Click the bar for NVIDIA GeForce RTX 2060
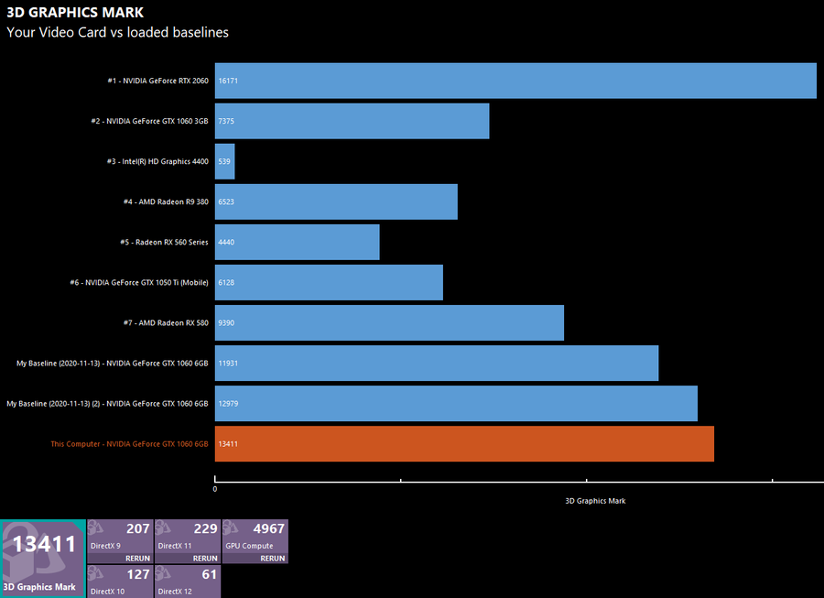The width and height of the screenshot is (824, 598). (x=515, y=81)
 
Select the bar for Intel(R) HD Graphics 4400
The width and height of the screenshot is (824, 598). (x=225, y=161)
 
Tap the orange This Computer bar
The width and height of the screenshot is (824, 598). (x=464, y=443)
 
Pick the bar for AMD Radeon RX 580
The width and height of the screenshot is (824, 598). (x=389, y=322)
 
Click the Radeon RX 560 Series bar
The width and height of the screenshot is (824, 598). (x=298, y=242)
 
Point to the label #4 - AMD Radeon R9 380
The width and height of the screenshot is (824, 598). (x=166, y=201)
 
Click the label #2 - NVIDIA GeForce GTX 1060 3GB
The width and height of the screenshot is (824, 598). (x=149, y=121)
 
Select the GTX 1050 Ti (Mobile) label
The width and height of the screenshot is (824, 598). (x=139, y=282)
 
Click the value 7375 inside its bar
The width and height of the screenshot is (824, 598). (x=227, y=122)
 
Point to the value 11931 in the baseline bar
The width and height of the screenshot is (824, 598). (x=229, y=364)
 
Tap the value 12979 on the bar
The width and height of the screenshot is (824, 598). (x=229, y=404)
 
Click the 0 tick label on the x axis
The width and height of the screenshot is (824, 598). (x=215, y=489)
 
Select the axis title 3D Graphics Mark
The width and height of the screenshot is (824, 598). (x=595, y=501)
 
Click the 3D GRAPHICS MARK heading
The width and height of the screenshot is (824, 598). (x=75, y=13)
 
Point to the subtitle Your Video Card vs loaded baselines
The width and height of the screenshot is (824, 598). (x=117, y=32)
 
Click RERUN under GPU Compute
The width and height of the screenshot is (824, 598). (x=272, y=558)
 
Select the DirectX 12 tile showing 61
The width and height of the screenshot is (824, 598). (x=188, y=582)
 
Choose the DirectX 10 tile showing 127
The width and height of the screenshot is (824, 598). (x=120, y=582)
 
